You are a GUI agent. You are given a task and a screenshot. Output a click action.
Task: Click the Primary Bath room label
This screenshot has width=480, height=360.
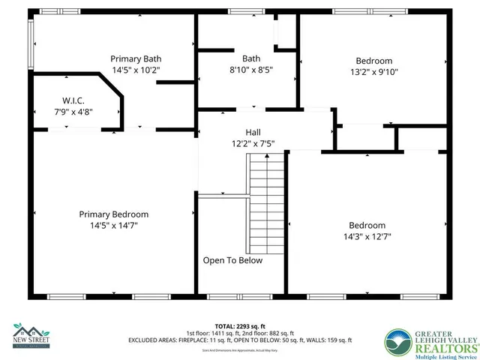point(136,58)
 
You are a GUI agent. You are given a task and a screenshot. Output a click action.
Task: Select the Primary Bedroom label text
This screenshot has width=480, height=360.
point(114,214)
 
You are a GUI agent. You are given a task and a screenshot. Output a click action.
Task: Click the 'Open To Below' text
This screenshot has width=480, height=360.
point(233,260)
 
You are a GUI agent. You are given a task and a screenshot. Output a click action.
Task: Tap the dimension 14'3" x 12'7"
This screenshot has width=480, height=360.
point(367,236)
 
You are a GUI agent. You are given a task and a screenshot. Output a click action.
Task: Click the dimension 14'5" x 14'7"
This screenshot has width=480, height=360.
point(114,224)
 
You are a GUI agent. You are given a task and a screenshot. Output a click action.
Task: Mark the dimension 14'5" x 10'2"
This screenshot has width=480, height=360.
point(136,69)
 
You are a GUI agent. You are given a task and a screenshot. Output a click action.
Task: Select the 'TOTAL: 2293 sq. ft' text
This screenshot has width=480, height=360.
point(240,325)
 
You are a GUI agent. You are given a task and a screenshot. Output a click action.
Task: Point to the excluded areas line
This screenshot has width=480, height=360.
point(240,340)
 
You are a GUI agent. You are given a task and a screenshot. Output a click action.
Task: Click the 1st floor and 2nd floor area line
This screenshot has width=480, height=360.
point(240,333)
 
